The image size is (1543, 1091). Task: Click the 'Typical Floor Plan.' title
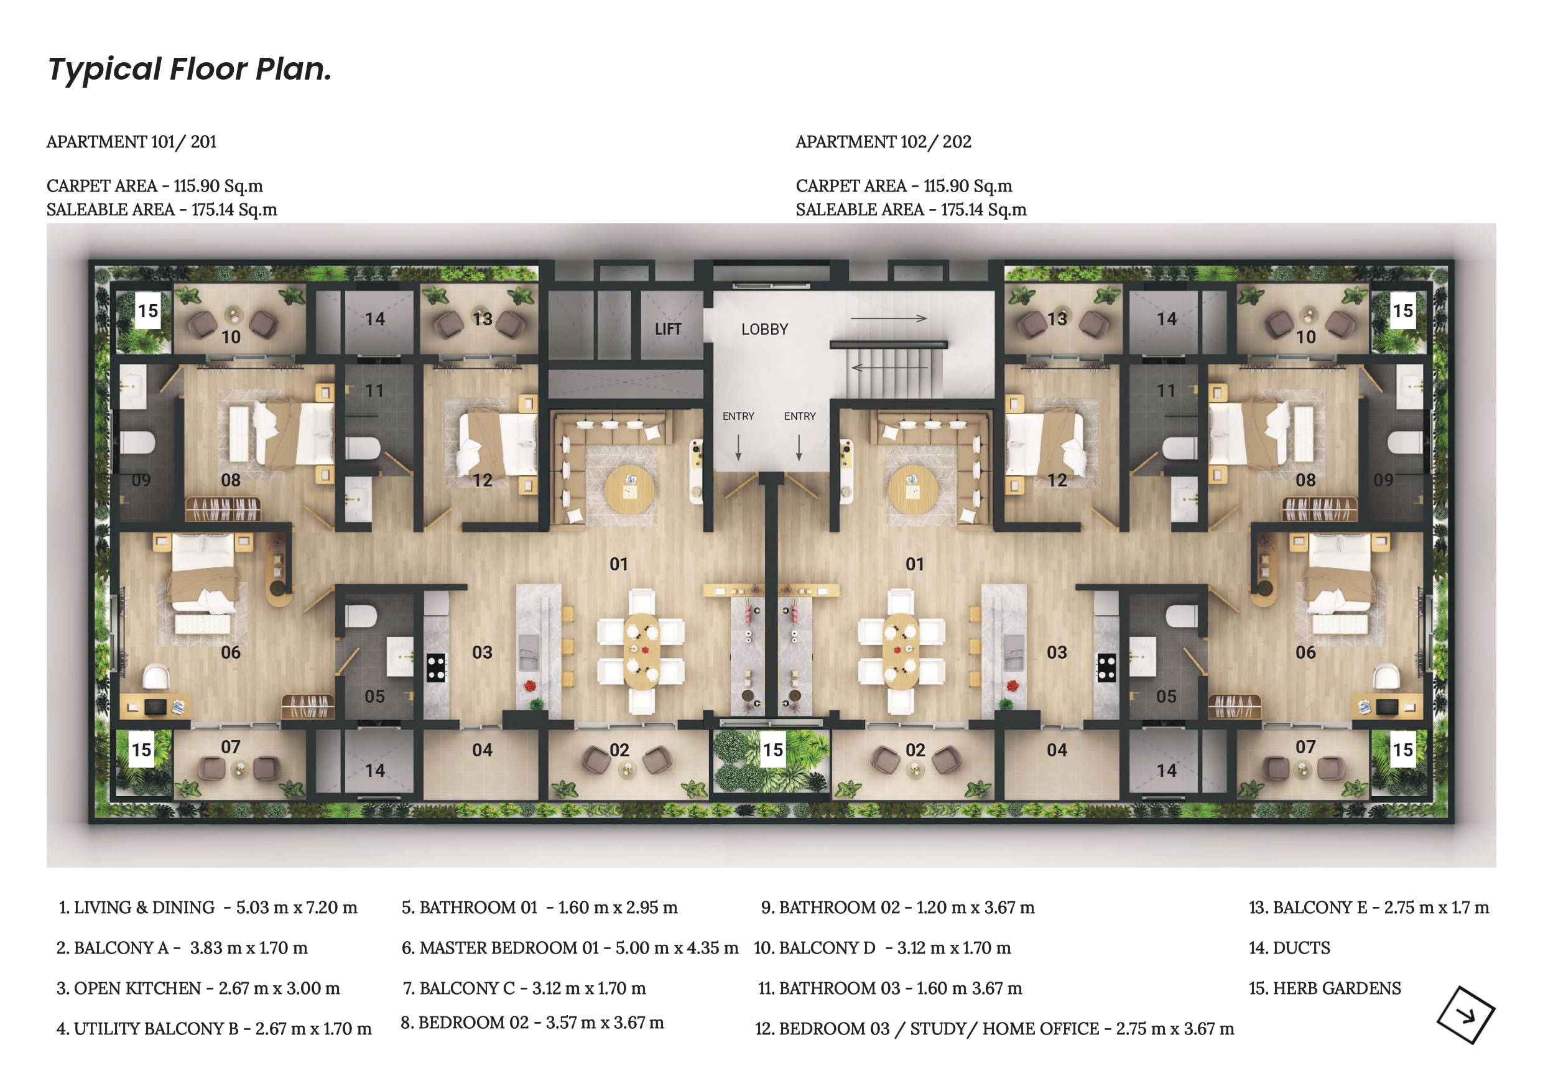(190, 69)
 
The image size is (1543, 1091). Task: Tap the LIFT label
(668, 330)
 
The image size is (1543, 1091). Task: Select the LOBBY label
(765, 330)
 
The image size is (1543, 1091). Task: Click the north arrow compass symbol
(1466, 1015)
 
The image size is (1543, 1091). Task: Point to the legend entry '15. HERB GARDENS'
(1325, 988)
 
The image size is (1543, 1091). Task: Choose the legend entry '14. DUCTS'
(1289, 948)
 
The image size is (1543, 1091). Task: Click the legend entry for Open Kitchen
(198, 988)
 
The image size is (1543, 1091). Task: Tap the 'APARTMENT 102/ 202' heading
(883, 142)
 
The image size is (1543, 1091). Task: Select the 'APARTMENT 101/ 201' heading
(131, 142)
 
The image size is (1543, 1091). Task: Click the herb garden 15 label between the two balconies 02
(773, 750)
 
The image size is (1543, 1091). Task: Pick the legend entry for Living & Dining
(208, 908)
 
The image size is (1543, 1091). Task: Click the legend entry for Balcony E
(1369, 908)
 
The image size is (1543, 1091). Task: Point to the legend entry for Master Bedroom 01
(570, 948)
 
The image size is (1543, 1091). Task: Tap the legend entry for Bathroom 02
(898, 908)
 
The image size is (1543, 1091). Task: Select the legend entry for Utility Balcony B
(214, 1028)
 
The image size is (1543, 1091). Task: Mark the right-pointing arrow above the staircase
(889, 318)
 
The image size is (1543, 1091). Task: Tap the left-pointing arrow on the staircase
(889, 368)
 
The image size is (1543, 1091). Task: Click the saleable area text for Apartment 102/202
(911, 210)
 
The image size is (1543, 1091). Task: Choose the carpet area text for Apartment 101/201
(155, 186)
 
